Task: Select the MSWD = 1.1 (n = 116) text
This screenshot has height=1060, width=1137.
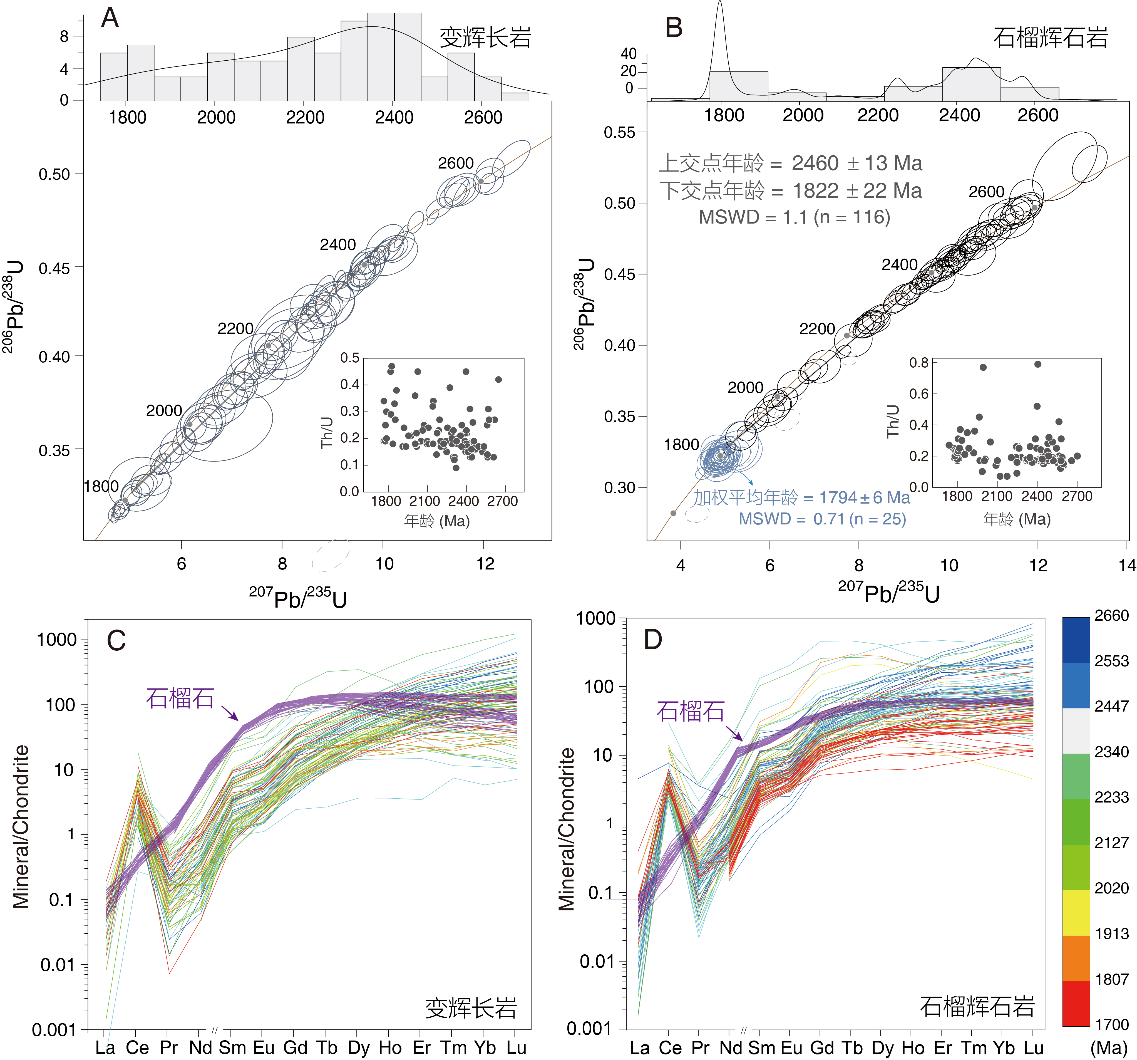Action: [x=795, y=217]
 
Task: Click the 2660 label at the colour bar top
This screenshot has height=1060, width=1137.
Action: [x=1111, y=616]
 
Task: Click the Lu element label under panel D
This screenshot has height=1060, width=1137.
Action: [x=1034, y=1048]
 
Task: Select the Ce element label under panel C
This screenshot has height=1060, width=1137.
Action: [x=137, y=1048]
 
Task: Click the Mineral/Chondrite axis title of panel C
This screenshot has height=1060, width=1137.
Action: [x=21, y=827]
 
